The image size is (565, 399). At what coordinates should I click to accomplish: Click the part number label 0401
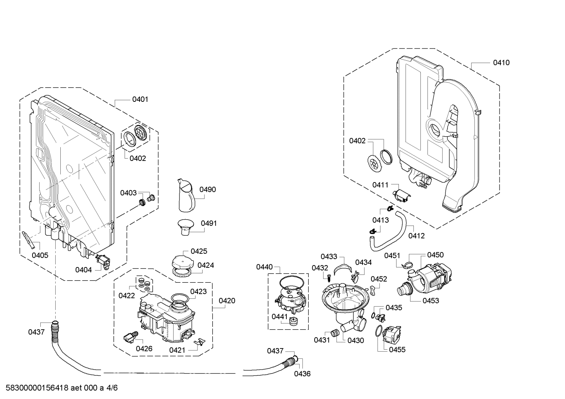click(140, 99)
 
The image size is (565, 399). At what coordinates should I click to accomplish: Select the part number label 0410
click(501, 63)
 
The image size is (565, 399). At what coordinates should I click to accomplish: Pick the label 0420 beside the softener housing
click(227, 301)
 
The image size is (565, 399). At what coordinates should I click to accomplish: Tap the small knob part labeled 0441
click(293, 321)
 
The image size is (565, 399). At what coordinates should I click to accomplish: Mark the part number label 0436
click(302, 374)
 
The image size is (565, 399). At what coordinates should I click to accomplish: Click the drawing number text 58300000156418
click(36, 388)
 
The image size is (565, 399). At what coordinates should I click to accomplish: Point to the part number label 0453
click(431, 301)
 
